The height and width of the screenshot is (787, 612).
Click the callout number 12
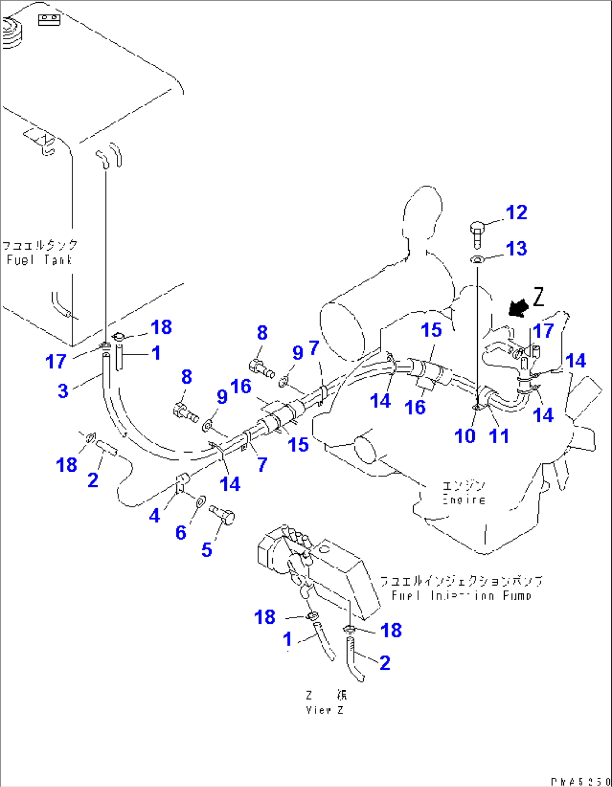click(x=517, y=213)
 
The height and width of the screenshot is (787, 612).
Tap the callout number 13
click(x=517, y=248)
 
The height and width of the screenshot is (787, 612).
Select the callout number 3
click(x=63, y=391)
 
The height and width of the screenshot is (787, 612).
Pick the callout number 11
click(x=499, y=436)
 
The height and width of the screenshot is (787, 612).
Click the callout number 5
click(x=207, y=550)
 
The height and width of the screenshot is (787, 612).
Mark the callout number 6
click(x=181, y=532)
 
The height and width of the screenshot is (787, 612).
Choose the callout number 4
click(x=154, y=515)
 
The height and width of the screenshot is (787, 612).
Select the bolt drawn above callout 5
click(x=222, y=514)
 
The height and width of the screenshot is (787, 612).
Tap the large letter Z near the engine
click(x=538, y=297)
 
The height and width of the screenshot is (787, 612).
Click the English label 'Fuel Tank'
click(x=39, y=260)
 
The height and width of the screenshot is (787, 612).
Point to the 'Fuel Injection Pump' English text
click(x=460, y=596)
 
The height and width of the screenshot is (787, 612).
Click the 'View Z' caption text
click(x=325, y=710)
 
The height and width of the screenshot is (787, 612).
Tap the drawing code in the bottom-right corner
click(x=580, y=781)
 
